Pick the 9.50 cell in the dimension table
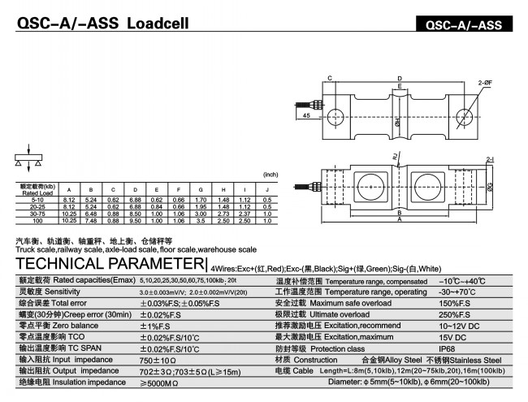[x=135, y=221]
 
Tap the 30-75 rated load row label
[x=35, y=214]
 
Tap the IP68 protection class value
[x=448, y=348]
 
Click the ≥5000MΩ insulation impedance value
[x=159, y=382]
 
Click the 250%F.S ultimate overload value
[x=455, y=314]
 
